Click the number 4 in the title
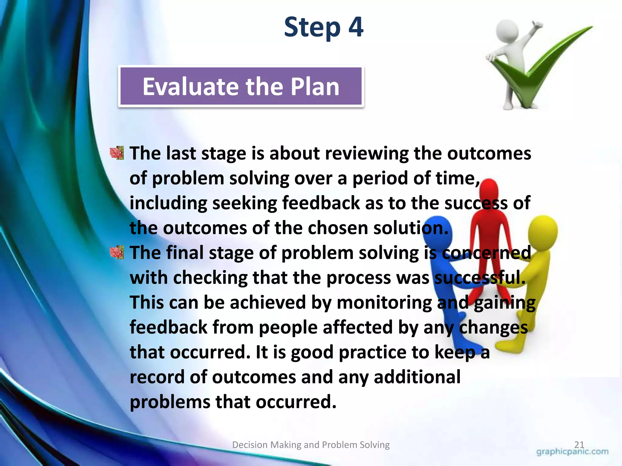click(356, 27)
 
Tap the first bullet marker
click(117, 153)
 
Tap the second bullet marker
click(117, 252)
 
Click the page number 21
click(579, 444)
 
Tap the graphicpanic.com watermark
click(572, 452)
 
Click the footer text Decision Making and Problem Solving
click(311, 445)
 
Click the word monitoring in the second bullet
click(384, 303)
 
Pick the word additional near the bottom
click(417, 377)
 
